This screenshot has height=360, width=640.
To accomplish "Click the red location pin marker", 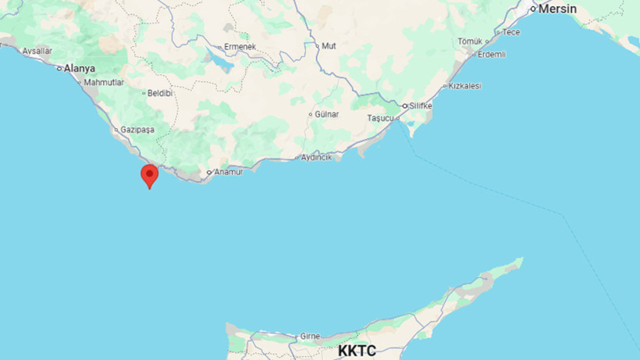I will pos(149,175).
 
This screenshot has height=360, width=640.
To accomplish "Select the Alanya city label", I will pos(79,68).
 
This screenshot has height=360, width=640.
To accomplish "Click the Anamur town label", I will pos(229,172).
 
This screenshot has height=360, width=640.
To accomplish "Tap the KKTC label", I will pos(357,351).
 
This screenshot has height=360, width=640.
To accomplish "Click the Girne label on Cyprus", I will pos(310,337).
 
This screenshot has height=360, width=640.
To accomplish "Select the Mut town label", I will pos(329,46).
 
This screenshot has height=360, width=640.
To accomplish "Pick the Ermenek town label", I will pos(240,47).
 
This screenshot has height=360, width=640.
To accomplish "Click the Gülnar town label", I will pos(327,114).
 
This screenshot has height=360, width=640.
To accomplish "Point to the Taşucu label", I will pos(382,118).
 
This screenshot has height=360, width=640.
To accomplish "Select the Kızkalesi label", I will pos(465,86).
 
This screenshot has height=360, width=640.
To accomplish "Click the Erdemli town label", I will pos(492,54).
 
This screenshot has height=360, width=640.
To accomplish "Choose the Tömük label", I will pos(471,41).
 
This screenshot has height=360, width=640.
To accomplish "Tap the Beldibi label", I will pos(160,92).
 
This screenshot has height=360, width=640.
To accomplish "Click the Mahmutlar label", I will pos(105,82).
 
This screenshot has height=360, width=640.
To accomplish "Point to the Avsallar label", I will pos(37,51).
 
